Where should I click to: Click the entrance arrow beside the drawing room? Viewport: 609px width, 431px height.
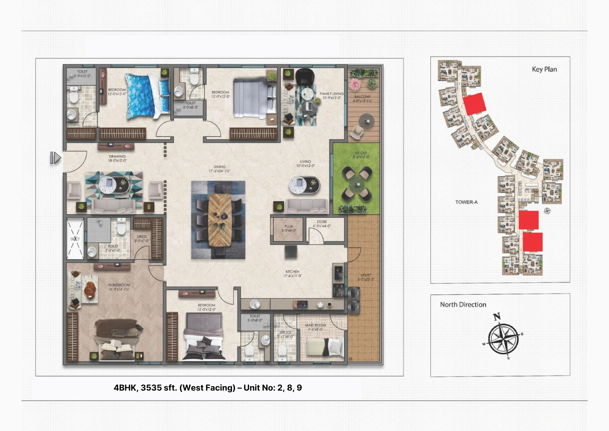pyautogui.click(x=55, y=158)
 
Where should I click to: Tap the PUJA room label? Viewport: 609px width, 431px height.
pyautogui.click(x=289, y=227)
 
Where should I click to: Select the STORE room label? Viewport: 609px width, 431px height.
pyautogui.click(x=322, y=222)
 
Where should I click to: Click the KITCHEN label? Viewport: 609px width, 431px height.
pyautogui.click(x=292, y=272)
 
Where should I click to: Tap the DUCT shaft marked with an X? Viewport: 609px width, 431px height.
pyautogui.click(x=75, y=239)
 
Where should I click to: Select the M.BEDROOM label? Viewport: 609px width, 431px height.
pyautogui.click(x=119, y=285)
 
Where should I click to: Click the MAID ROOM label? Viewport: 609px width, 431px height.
pyautogui.click(x=315, y=325)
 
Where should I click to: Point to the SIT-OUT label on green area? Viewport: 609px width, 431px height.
pyautogui.click(x=361, y=153)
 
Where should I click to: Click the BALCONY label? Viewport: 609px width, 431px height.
pyautogui.click(x=362, y=97)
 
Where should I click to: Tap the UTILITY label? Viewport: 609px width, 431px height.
pyautogui.click(x=366, y=275)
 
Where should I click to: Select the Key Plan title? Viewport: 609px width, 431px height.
pyautogui.click(x=544, y=69)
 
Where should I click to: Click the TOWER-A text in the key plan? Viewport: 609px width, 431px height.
pyautogui.click(x=466, y=202)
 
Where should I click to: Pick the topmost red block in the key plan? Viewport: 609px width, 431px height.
pyautogui.click(x=474, y=104)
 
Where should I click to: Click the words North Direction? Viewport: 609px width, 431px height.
pyautogui.click(x=463, y=305)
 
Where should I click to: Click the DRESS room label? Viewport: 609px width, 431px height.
pyautogui.click(x=142, y=236)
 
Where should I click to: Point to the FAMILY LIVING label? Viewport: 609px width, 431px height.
pyautogui.click(x=331, y=94)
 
